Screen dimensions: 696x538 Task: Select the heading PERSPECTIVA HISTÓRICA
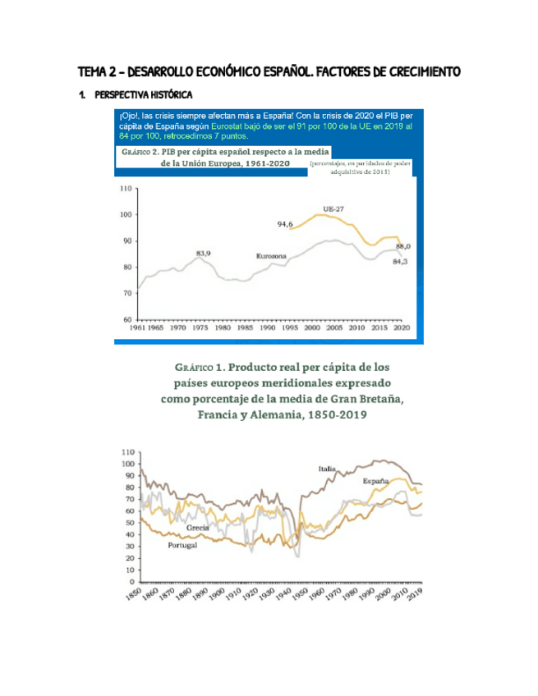click(x=143, y=95)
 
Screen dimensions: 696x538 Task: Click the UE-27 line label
click(x=333, y=208)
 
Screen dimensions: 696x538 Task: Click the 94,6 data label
click(x=285, y=223)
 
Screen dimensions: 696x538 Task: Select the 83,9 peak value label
click(x=203, y=253)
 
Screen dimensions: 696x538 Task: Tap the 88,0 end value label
click(x=403, y=245)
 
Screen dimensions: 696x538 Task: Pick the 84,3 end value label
click(x=402, y=261)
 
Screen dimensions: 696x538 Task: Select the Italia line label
click(x=328, y=469)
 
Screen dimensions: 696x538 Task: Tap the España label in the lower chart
click(x=376, y=480)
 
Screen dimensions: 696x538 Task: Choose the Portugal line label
click(x=182, y=546)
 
